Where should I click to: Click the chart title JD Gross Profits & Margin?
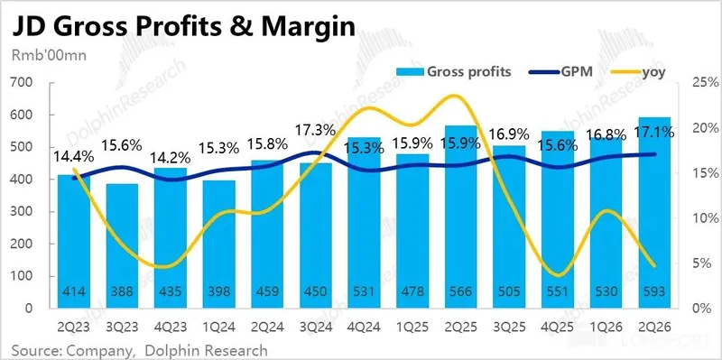pos(183,27)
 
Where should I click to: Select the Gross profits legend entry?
pos(453,72)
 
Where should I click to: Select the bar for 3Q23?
pos(122,245)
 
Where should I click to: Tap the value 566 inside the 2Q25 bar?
pos(460,291)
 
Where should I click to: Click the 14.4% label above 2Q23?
pos(74,156)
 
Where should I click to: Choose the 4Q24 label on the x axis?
pos(364,328)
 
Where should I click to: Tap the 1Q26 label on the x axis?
pos(606,328)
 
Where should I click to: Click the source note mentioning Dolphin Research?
pos(139,350)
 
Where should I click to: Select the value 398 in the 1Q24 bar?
pos(218,291)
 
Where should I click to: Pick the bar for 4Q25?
pos(558,219)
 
